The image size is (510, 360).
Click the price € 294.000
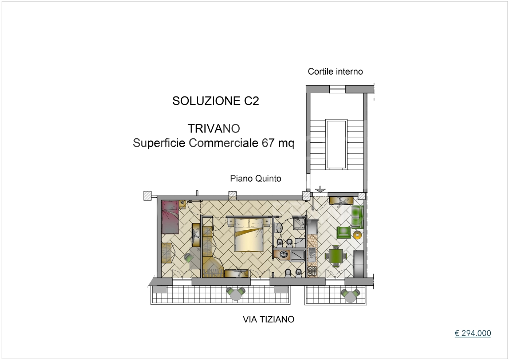click(x=472, y=333)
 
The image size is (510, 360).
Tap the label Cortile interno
click(x=335, y=71)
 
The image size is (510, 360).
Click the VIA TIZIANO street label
click(x=268, y=319)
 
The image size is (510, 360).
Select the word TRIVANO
click(x=214, y=128)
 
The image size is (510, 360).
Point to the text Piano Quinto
click(x=255, y=178)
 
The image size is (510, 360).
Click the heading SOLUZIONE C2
click(x=215, y=101)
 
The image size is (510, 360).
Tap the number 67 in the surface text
click(x=268, y=143)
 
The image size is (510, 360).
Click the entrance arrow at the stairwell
click(x=320, y=189)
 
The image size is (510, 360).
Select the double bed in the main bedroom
click(x=249, y=235)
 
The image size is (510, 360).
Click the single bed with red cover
click(x=170, y=217)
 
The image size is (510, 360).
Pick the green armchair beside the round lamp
click(x=343, y=233)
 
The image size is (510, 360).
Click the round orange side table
click(x=357, y=235)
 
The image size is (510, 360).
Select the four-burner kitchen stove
click(x=312, y=271)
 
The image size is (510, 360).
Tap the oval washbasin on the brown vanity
click(x=284, y=254)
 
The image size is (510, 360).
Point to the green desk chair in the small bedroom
click(x=189, y=258)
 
